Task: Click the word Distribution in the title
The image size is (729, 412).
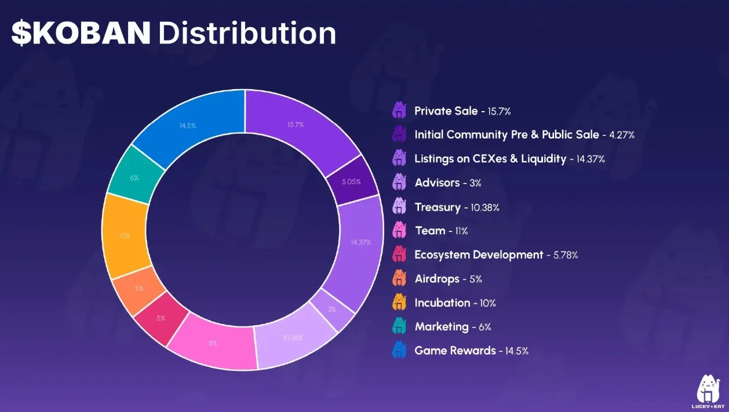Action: [247, 34]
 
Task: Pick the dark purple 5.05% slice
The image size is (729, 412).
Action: [351, 181]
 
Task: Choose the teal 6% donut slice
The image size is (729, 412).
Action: [134, 177]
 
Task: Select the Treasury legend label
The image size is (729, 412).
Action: [438, 207]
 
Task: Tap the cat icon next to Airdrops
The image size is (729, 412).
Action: [400, 278]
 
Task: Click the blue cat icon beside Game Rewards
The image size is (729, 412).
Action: [400, 350]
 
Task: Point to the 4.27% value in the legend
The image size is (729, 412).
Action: [621, 135]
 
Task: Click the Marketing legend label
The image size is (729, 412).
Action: [442, 326]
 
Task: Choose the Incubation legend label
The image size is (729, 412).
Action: [442, 303]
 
